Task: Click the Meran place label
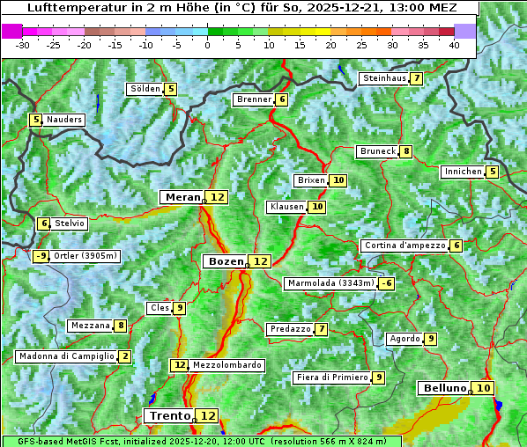182,197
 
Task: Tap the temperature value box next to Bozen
260,261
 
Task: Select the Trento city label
169,415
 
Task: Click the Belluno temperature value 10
483,388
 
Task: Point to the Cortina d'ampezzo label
404,245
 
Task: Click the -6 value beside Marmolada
386,283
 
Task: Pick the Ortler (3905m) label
85,256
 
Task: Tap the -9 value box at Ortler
41,256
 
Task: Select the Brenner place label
254,99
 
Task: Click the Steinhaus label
384,78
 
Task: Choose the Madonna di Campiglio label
66,356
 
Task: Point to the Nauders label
64,120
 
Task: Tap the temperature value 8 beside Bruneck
405,151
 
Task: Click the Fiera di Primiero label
331,377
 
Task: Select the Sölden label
145,89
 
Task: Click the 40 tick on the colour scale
453,45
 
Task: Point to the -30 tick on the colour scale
23,45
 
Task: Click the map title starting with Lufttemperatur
240,8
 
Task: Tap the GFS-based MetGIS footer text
201,441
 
